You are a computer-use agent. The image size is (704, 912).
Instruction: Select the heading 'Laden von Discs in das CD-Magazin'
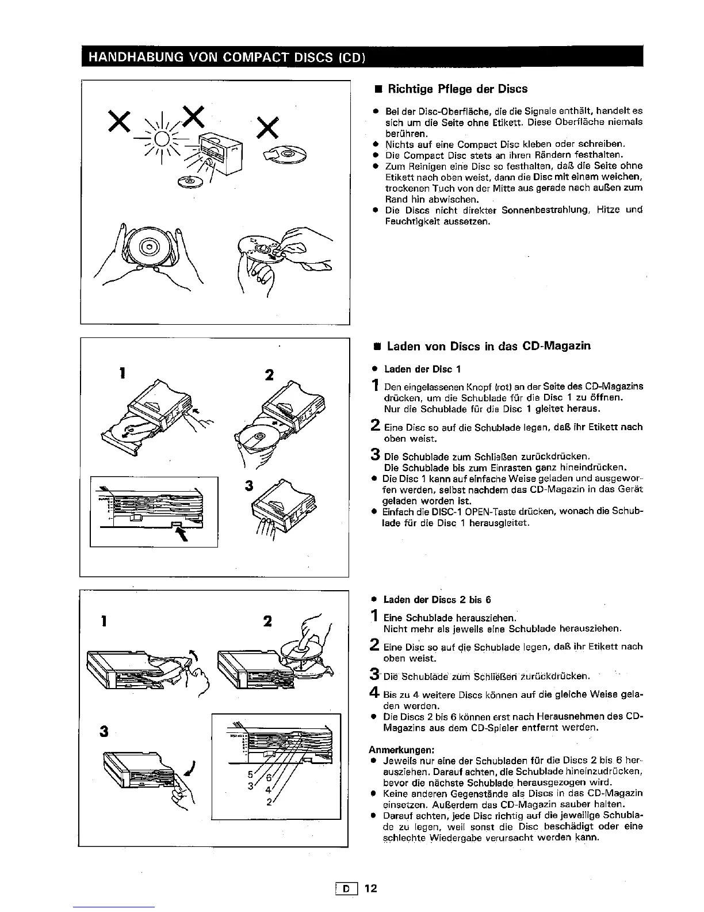(x=488, y=346)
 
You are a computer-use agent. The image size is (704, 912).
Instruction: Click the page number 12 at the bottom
(x=370, y=888)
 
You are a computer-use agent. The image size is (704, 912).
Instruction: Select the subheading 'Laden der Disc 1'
(x=422, y=369)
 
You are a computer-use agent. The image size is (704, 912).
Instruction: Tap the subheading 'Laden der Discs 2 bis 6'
(x=437, y=599)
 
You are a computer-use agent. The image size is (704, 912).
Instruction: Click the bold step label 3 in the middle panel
(x=248, y=485)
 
